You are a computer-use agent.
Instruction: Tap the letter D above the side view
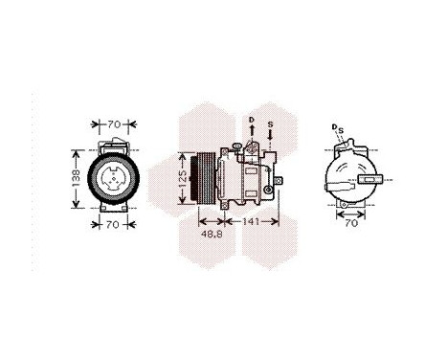[252, 120]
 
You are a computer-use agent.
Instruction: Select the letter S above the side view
[271, 124]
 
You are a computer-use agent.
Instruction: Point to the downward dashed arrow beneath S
[271, 139]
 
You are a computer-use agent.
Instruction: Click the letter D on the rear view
[335, 126]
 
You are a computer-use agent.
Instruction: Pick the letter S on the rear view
[341, 129]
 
